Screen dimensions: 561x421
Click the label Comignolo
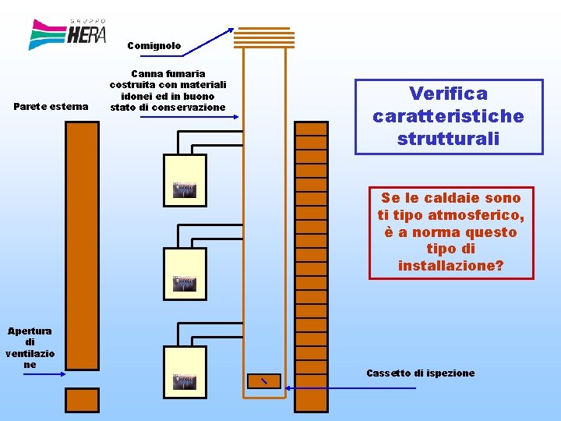tap(153, 46)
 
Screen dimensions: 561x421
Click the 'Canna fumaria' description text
tap(168, 90)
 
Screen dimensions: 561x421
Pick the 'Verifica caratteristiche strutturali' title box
tap(448, 116)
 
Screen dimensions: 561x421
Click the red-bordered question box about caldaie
tap(451, 232)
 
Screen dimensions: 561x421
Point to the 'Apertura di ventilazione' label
tap(30, 348)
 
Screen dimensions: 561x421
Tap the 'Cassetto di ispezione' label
tap(420, 373)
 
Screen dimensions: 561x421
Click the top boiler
tap(185, 180)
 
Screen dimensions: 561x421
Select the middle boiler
tap(185, 274)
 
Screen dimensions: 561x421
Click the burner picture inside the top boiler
tap(185, 190)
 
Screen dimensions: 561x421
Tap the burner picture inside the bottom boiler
tap(185, 382)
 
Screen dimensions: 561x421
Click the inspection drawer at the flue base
tap(263, 380)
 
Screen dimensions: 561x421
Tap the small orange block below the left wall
tap(82, 400)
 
